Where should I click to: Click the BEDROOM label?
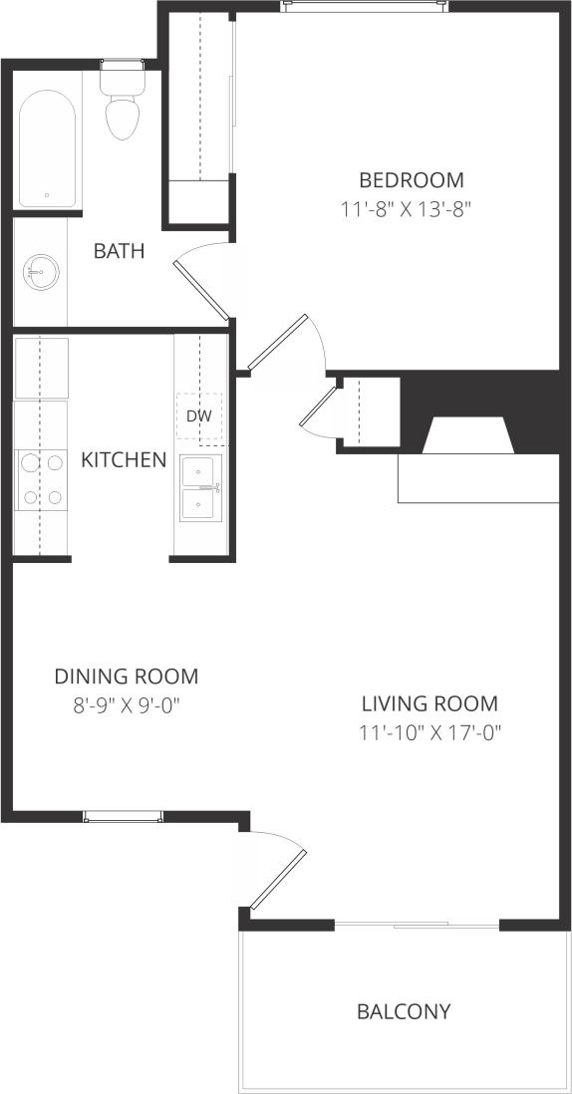coord(411,180)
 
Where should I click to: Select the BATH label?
coord(119,251)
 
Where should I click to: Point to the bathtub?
coord(46,149)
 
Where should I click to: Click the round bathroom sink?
coord(41,270)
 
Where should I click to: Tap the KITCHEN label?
coord(124,459)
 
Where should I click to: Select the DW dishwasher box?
coord(199,416)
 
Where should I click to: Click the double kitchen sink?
coord(201,488)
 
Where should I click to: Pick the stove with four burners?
coord(40,479)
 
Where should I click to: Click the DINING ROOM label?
coord(126,677)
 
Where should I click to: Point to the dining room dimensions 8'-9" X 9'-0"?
coord(126,705)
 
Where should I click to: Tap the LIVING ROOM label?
coord(429,703)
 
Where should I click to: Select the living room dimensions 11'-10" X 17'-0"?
coord(429,733)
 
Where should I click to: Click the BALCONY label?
coord(404,1011)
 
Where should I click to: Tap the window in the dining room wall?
coord(124,816)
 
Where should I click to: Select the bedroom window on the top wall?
coord(364,6)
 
